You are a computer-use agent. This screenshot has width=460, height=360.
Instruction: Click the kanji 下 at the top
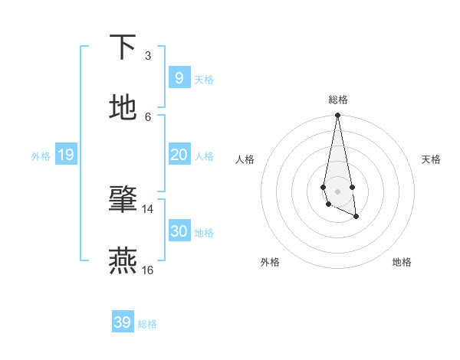[x=123, y=47]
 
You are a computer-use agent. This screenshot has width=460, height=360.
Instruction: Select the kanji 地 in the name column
[x=123, y=107]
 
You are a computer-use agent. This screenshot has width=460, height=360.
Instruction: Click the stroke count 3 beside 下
[x=148, y=56]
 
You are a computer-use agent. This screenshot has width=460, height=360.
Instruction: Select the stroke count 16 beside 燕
[x=148, y=270]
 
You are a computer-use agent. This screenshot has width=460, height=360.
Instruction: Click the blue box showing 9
[x=179, y=78]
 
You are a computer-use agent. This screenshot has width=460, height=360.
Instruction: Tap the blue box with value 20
[x=179, y=155]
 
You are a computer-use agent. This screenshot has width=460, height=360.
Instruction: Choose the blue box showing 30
[x=179, y=231]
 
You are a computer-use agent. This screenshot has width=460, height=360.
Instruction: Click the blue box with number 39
[x=122, y=322]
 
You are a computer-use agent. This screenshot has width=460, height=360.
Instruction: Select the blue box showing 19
[x=65, y=155]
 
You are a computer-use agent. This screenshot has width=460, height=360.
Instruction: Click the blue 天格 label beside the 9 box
[x=204, y=80]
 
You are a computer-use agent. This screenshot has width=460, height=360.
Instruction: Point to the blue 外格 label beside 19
[x=41, y=156]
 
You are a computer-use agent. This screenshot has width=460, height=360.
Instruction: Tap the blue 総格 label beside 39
[x=147, y=324]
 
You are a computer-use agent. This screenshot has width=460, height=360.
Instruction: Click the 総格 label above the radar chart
[x=338, y=100]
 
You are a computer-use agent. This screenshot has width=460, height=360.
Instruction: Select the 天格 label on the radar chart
[x=432, y=159]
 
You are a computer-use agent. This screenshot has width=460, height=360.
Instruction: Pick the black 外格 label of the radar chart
[x=270, y=262]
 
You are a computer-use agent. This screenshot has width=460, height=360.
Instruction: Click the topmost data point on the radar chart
[x=337, y=116]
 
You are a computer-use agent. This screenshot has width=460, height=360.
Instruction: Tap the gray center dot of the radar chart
[x=337, y=191]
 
